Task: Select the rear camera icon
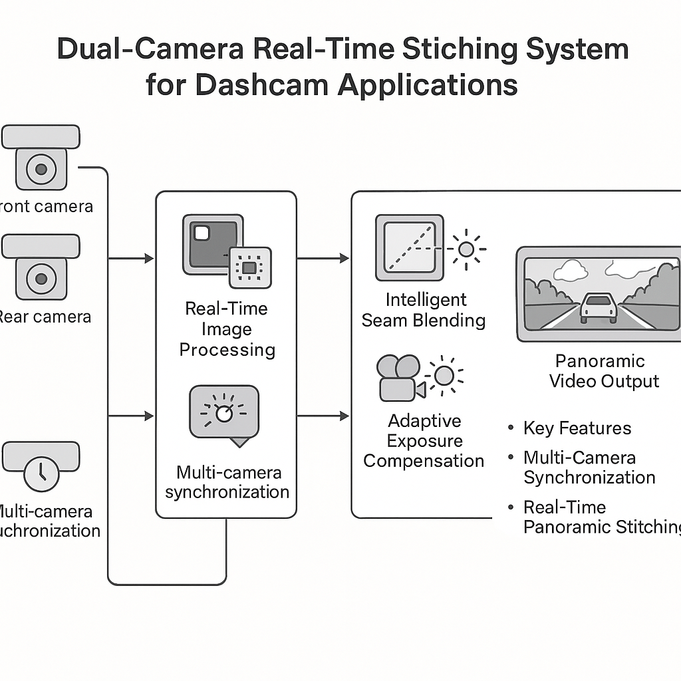(x=41, y=275)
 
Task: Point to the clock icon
(x=41, y=471)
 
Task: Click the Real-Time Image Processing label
(x=227, y=329)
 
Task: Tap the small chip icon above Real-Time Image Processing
(x=249, y=267)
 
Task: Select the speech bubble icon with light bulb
(x=224, y=414)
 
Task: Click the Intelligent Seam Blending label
(x=424, y=310)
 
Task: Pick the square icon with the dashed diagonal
(x=409, y=247)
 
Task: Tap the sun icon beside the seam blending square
(x=466, y=249)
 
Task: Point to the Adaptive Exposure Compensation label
(x=424, y=440)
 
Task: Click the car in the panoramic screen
(x=598, y=307)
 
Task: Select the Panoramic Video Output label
(x=600, y=371)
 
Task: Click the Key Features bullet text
(x=577, y=428)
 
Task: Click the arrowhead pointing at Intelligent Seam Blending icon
(x=344, y=258)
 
